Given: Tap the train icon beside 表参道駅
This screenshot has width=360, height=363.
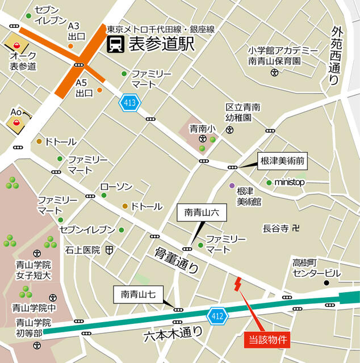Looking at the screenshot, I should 116,44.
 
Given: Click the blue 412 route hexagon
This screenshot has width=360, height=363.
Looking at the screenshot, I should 217,315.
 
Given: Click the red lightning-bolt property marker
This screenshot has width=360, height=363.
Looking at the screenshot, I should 237,283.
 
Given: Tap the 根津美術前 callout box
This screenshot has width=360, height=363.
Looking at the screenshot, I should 282,162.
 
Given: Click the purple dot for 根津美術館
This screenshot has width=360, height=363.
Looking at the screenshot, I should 232,186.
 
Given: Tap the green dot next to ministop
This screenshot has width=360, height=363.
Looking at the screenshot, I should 269,183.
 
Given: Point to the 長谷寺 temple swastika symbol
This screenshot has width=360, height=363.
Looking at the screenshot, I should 295,228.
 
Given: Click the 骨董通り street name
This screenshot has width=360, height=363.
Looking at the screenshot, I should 177,261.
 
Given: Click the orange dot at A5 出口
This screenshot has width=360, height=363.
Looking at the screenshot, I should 99,90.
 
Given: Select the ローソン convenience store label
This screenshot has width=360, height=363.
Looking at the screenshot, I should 116,187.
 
